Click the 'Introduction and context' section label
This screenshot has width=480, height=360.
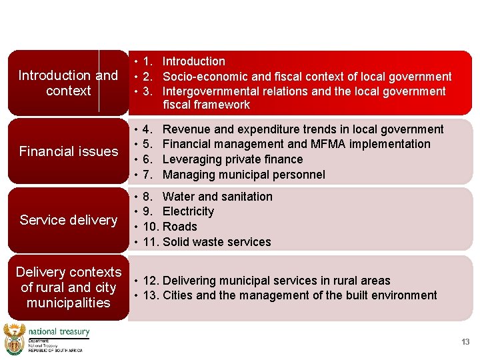pyautogui.click(x=68, y=83)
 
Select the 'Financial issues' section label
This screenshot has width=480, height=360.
pyautogui.click(x=68, y=151)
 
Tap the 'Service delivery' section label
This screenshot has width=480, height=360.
pyautogui.click(x=68, y=220)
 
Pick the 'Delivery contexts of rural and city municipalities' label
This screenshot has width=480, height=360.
pyautogui.click(x=68, y=287)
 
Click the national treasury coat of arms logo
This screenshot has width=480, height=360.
pyautogui.click(x=14, y=339)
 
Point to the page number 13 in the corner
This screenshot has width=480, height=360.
pyautogui.click(x=465, y=342)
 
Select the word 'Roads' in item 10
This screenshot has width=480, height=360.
pyautogui.click(x=179, y=227)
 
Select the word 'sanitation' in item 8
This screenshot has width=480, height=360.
pyautogui.click(x=246, y=197)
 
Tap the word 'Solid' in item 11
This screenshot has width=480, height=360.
pyautogui.click(x=177, y=242)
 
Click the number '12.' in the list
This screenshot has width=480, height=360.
pyautogui.click(x=151, y=281)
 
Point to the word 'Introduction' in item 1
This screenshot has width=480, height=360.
pyautogui.click(x=193, y=61)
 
